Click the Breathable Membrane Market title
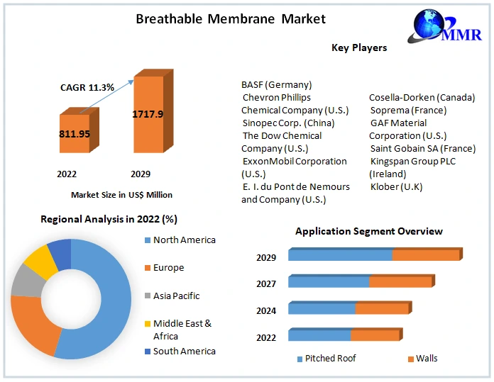(x=231, y=19)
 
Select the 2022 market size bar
(x=75, y=133)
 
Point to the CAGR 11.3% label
(x=87, y=87)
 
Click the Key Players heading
(x=359, y=47)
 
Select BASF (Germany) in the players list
(x=276, y=84)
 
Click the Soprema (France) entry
(x=408, y=110)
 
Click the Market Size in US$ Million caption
(x=121, y=194)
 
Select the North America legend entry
(x=184, y=240)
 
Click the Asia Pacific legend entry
(x=176, y=296)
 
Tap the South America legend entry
(x=184, y=351)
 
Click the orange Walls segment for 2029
(x=426, y=255)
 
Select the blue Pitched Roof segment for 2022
(x=319, y=335)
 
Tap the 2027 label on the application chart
(x=266, y=283)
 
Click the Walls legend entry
(x=427, y=358)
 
